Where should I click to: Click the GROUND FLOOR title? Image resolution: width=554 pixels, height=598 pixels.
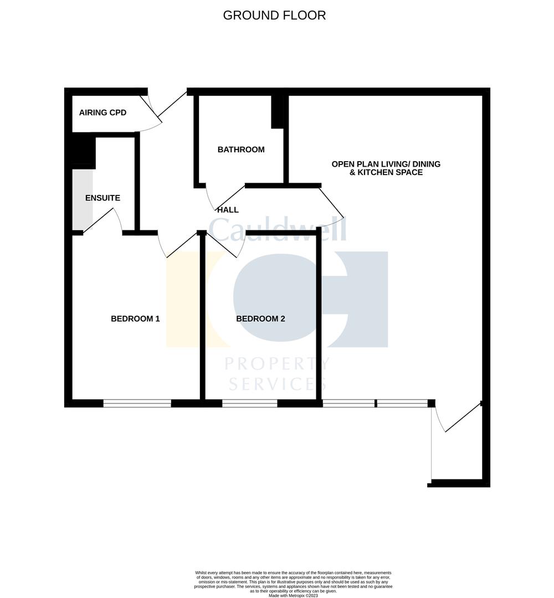pos(274,16)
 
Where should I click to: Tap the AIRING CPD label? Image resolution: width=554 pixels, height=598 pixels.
pos(102,113)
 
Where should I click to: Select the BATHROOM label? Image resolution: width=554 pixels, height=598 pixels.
pos(241,149)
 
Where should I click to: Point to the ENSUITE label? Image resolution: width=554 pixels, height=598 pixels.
pos(102,198)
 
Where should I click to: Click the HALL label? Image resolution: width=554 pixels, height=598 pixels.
pos(228,210)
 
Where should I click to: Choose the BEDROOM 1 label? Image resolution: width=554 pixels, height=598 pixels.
pos(135,319)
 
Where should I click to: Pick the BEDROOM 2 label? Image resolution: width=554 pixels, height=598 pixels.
pos(260,319)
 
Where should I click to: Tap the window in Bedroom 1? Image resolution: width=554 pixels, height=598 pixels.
pos(137,404)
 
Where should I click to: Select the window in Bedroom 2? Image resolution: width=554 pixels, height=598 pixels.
pos(249,404)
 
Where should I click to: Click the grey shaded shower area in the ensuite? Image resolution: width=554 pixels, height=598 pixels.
pos(82,199)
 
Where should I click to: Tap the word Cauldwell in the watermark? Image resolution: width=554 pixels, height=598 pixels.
pos(277,229)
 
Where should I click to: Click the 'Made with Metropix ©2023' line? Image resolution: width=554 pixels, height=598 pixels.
pos(293,595)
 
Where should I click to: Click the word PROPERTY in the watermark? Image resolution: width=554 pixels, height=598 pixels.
pos(277,364)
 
